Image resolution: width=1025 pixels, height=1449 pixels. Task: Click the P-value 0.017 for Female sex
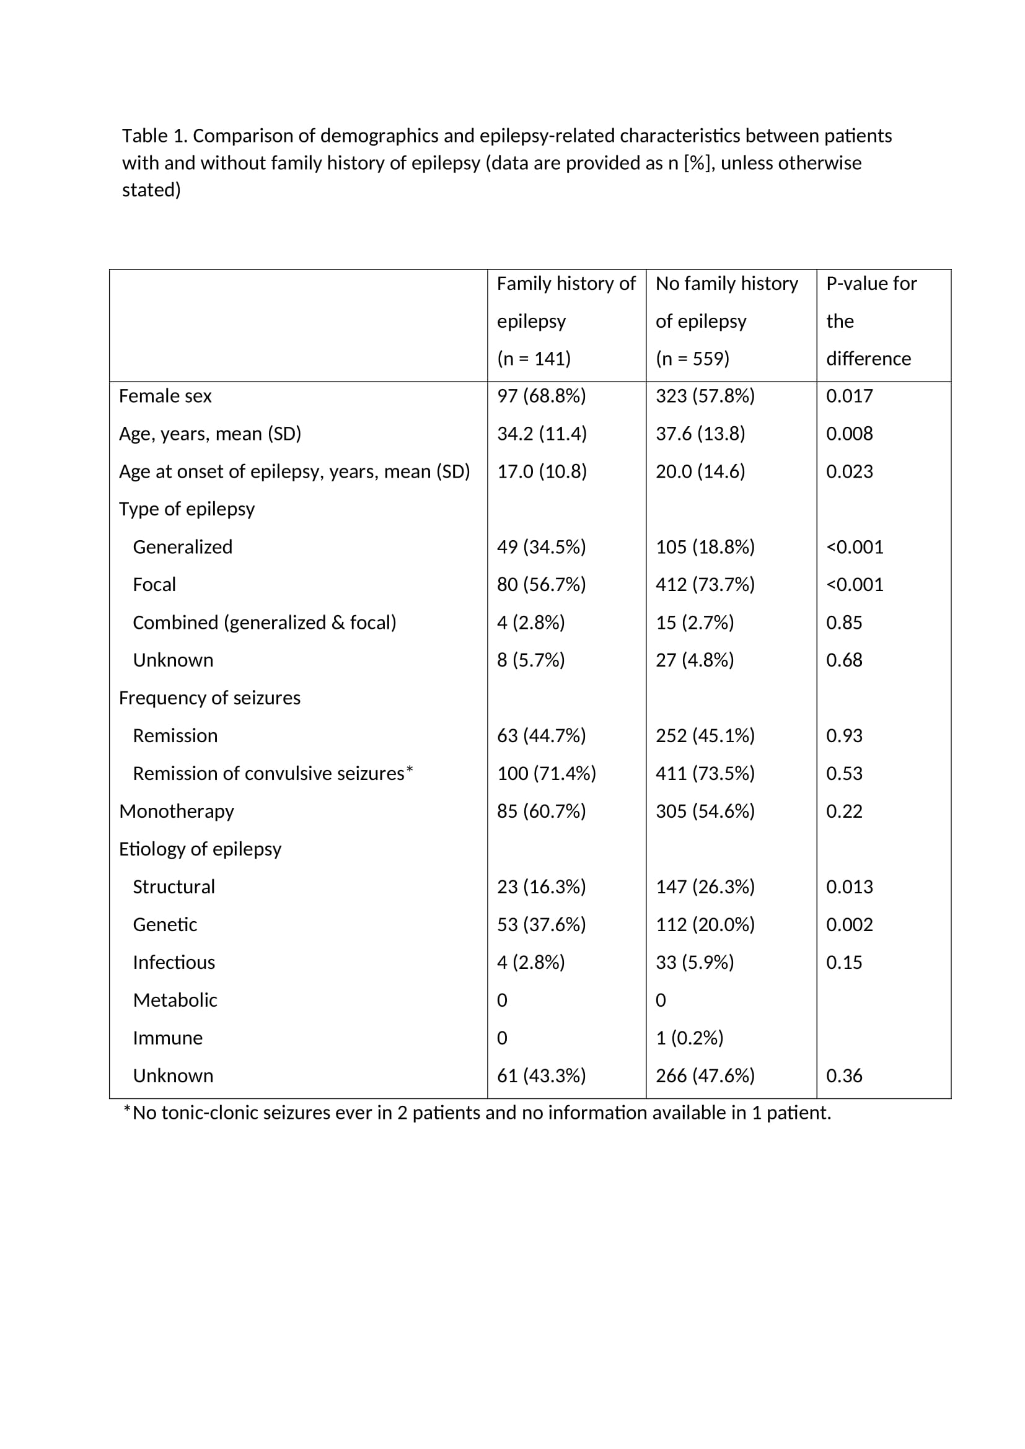pyautogui.click(x=849, y=396)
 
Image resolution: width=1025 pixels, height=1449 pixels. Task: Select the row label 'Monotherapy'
pyautogui.click(x=176, y=812)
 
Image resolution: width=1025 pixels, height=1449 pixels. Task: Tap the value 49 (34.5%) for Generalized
pyautogui.click(x=541, y=547)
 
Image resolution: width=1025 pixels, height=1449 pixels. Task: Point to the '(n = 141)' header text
pyautogui.click(x=534, y=359)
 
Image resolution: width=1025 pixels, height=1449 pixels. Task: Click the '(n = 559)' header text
pyautogui.click(x=692, y=359)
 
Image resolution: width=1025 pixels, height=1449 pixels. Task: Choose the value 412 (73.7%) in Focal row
pyautogui.click(x=705, y=585)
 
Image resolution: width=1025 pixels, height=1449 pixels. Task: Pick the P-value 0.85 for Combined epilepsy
pyautogui.click(x=844, y=623)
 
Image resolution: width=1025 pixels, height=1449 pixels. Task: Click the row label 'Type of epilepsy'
pyautogui.click(x=186, y=509)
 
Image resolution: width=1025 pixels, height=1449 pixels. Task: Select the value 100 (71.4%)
pyautogui.click(x=546, y=774)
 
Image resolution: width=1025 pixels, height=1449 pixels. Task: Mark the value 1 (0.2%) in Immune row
pyautogui.click(x=689, y=1038)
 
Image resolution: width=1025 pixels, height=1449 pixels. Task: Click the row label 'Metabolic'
pyautogui.click(x=175, y=1000)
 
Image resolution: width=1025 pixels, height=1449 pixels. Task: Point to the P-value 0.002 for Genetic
pyautogui.click(x=849, y=925)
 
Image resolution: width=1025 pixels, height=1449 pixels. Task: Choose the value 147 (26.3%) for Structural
pyautogui.click(x=705, y=887)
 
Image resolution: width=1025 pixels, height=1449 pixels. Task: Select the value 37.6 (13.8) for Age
pyautogui.click(x=700, y=434)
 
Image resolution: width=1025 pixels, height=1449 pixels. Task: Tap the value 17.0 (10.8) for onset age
pyautogui.click(x=542, y=472)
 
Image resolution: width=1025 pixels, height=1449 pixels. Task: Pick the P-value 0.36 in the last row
pyautogui.click(x=844, y=1076)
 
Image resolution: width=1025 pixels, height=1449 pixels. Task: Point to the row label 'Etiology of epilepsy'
pyautogui.click(x=200, y=849)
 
